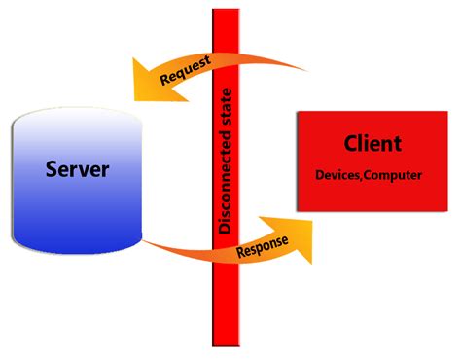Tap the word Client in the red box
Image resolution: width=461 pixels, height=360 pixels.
pyautogui.click(x=372, y=144)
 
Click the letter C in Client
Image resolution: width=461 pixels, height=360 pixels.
pyautogui.click(x=349, y=144)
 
